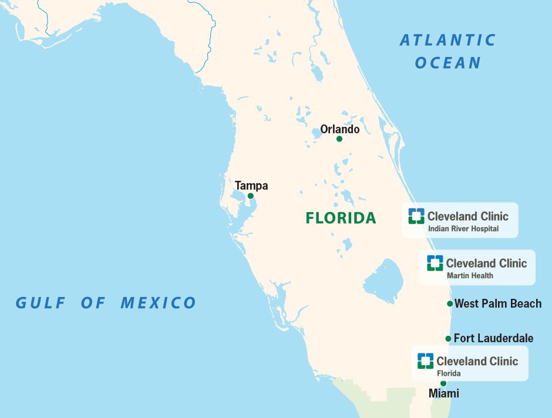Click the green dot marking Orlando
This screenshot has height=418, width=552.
click(x=339, y=139)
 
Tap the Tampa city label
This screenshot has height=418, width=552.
click(x=251, y=186)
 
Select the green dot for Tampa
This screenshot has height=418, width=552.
click(x=250, y=196)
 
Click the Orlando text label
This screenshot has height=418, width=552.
click(x=339, y=129)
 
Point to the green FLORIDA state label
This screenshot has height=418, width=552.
click(x=341, y=218)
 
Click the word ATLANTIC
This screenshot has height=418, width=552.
click(x=447, y=41)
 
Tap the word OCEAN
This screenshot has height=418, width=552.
click(x=447, y=63)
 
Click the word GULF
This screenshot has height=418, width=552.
click(x=39, y=303)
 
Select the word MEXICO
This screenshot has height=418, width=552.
click(x=158, y=303)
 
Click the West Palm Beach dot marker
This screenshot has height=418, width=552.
click(x=450, y=304)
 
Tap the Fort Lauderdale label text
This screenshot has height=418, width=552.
click(x=493, y=338)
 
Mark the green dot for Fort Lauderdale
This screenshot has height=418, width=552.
click(x=449, y=339)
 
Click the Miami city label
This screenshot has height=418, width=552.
click(x=443, y=393)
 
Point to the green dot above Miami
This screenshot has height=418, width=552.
click(x=443, y=383)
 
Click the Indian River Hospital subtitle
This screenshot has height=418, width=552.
click(x=463, y=229)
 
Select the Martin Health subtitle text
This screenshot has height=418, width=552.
click(x=470, y=275)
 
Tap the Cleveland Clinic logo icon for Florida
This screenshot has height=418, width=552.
click(x=425, y=360)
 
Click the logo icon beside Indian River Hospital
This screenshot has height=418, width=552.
click(x=416, y=215)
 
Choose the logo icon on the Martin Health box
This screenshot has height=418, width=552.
click(x=435, y=262)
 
